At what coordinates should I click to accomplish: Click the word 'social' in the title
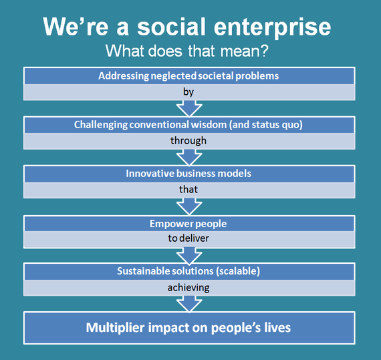[171, 27]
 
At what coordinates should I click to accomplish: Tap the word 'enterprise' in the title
[273, 29]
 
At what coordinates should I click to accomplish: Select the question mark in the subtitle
[263, 51]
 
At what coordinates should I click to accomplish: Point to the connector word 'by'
[188, 92]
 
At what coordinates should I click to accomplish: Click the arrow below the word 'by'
[189, 108]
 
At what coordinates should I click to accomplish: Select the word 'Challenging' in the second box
[100, 125]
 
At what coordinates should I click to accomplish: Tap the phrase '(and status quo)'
[266, 125]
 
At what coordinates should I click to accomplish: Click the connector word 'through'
[188, 141]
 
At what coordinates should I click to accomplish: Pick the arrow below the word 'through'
[189, 158]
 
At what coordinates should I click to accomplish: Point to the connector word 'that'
[188, 189]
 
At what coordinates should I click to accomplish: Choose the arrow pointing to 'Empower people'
[189, 206]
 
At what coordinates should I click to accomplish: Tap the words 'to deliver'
[188, 238]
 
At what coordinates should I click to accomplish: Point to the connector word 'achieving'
[188, 288]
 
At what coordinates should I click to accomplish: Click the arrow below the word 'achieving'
[189, 304]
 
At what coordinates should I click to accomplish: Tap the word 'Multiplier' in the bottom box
[115, 328]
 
